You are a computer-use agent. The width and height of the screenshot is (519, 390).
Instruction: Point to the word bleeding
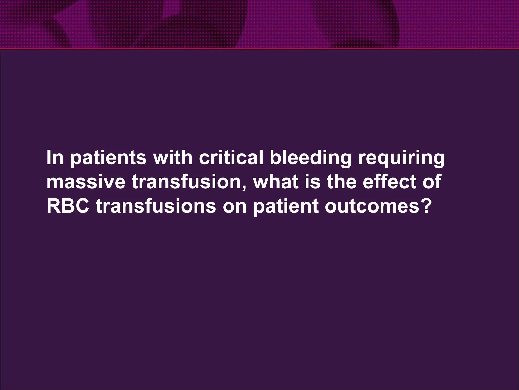pos(310,158)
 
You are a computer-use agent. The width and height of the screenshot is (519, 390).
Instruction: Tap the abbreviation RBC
pos(68,206)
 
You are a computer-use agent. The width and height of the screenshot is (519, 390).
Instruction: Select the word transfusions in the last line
pos(156,206)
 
